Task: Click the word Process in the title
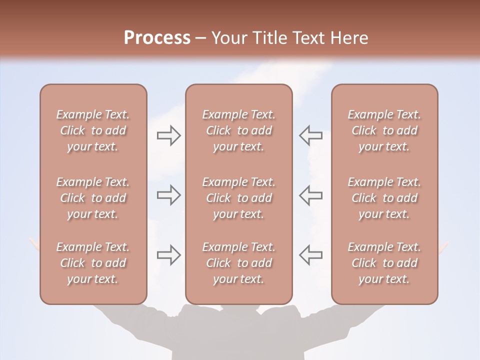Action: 157,38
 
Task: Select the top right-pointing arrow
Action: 169,135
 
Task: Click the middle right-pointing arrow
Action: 169,195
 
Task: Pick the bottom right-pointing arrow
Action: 169,254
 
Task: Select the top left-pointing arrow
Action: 311,135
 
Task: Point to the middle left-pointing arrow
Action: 311,195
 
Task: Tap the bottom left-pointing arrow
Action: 311,254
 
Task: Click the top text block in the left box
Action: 93,130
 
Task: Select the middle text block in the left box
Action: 93,198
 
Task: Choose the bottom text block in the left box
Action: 93,263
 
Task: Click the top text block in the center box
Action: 239,130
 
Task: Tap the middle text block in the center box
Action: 239,198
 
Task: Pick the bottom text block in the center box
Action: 239,263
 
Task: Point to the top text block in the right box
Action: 384,130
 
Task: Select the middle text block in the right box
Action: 384,198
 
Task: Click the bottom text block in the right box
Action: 384,263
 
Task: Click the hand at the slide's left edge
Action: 34,244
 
